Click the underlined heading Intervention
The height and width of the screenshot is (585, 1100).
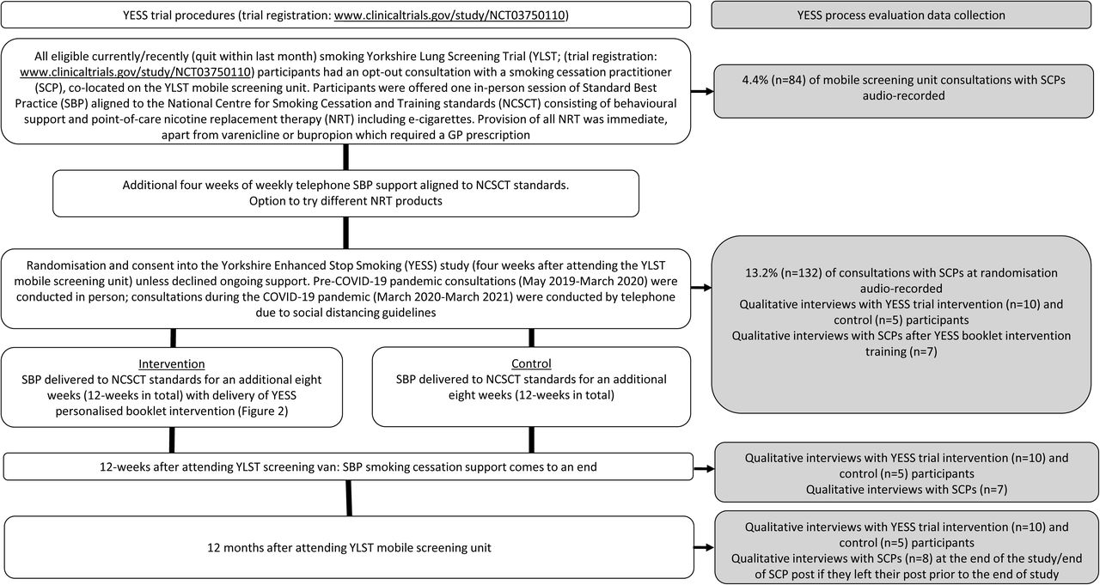click(171, 363)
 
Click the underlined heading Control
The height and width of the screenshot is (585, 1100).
click(531, 363)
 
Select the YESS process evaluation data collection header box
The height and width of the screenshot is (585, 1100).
click(901, 15)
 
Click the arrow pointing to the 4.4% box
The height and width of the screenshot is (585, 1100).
click(702, 91)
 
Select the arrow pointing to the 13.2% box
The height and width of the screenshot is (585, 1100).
click(701, 288)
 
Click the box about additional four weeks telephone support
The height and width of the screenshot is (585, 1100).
click(345, 193)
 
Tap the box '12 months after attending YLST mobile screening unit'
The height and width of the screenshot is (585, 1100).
click(349, 547)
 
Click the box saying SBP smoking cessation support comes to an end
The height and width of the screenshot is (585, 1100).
click(348, 466)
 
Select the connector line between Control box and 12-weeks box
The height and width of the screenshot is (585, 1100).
click(531, 440)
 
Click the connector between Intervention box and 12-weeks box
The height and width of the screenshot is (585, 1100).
click(172, 440)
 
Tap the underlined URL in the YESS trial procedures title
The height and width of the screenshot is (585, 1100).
click(449, 15)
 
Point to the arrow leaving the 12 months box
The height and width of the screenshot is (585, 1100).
click(704, 547)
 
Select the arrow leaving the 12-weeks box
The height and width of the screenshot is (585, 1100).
click(704, 469)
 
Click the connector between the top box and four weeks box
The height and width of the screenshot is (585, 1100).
click(345, 157)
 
